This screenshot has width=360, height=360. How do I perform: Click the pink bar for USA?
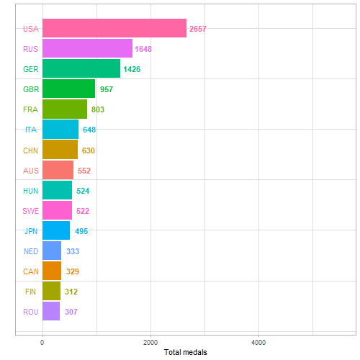coord(114,29)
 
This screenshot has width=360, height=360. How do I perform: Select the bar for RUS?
coord(87,49)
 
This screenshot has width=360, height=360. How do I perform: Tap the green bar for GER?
coord(81,69)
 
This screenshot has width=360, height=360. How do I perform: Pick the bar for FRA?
coord(65,109)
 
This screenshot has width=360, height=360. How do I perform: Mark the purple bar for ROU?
coord(51,311)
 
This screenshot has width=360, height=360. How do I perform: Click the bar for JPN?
coord(56,230)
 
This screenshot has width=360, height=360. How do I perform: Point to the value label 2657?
coord(198,30)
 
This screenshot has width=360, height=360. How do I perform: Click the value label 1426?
coord(131,70)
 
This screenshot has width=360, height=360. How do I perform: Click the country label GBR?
coord(31,89)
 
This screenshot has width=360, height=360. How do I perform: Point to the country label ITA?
coord(31,130)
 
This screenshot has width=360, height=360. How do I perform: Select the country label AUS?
coord(31,171)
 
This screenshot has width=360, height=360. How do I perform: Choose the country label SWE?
coord(31,211)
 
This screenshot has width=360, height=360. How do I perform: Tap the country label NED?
coord(31,251)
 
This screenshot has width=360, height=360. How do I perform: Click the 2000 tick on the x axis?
coord(150,342)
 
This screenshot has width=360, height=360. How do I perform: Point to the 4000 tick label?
coord(258,342)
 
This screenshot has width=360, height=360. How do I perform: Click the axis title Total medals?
coord(186,352)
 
